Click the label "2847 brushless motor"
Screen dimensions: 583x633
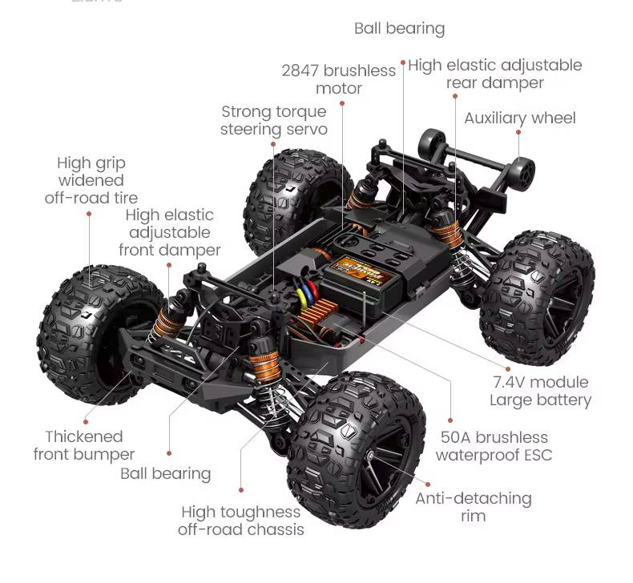click(x=338, y=79)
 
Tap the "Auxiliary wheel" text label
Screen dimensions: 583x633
click(x=519, y=118)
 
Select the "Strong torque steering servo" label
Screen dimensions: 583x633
click(x=273, y=120)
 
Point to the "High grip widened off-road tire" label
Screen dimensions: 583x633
click(x=91, y=180)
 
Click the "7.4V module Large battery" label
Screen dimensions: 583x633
click(x=539, y=391)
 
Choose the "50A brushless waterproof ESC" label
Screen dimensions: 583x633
click(x=494, y=446)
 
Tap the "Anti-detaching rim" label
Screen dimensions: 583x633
click(x=473, y=507)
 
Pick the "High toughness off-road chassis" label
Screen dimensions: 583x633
click(x=240, y=521)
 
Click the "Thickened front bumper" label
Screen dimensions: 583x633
click(x=84, y=445)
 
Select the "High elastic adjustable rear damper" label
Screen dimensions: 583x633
click(x=494, y=74)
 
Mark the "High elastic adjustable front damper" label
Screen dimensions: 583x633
click(x=169, y=232)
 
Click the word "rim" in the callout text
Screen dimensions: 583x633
click(x=473, y=516)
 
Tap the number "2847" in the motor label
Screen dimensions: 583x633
click(x=301, y=70)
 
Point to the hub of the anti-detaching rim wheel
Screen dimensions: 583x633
click(x=371, y=456)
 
